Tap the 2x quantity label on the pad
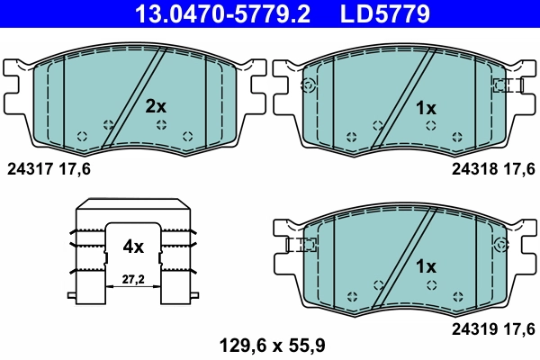tap(157, 106)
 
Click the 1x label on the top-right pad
tap(425, 108)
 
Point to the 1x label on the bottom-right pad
tap(425, 266)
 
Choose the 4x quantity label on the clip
tap(133, 245)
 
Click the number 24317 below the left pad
tap(28, 168)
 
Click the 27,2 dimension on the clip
tap(133, 281)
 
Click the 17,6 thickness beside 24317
tap(75, 168)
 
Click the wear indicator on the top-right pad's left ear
tap(309, 85)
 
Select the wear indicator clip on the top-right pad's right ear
tap(507, 85)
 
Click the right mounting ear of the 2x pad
tap(256, 85)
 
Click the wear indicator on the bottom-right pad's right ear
tap(501, 244)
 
